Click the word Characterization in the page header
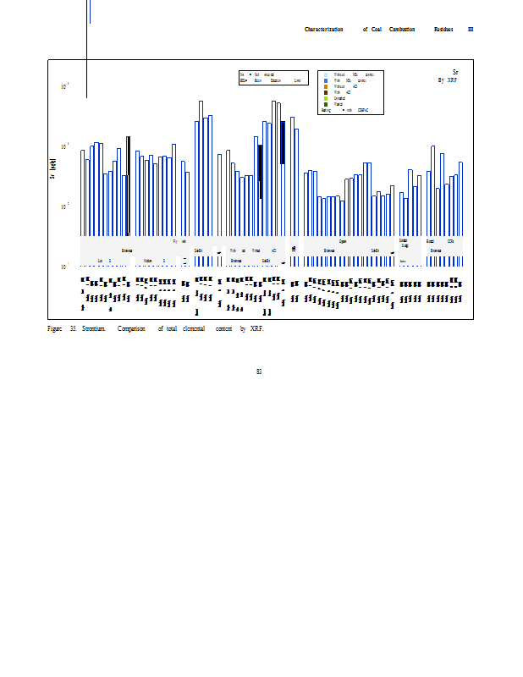click(323, 30)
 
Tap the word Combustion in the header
click(402, 30)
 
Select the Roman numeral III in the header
click(471, 30)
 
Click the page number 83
click(259, 371)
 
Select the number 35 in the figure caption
click(74, 327)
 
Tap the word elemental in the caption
click(195, 327)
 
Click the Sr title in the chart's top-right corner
click(455, 73)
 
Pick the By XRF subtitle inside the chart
click(447, 80)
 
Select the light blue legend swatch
click(326, 74)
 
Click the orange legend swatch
click(326, 86)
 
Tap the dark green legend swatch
click(326, 104)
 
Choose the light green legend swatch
click(326, 98)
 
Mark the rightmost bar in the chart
click(461, 199)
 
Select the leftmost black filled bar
click(128, 186)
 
